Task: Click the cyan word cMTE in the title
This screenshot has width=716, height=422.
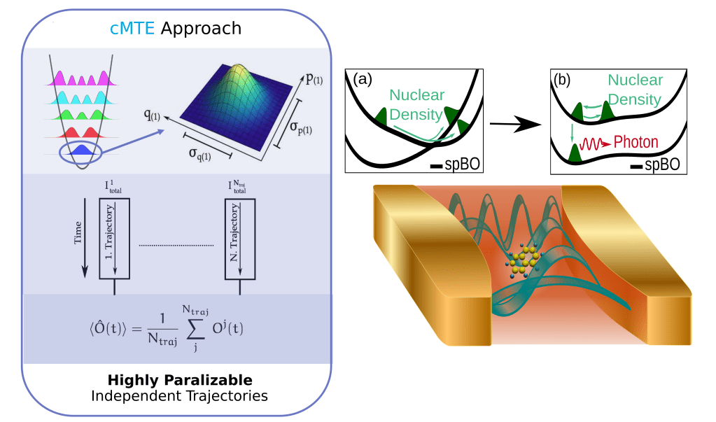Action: click(x=129, y=29)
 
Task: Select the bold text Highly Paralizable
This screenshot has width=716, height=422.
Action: click(x=179, y=380)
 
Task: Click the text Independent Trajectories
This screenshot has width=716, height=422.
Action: click(x=179, y=396)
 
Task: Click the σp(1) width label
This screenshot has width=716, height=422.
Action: click(x=303, y=128)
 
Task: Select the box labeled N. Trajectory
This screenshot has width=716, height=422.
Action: click(x=240, y=239)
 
